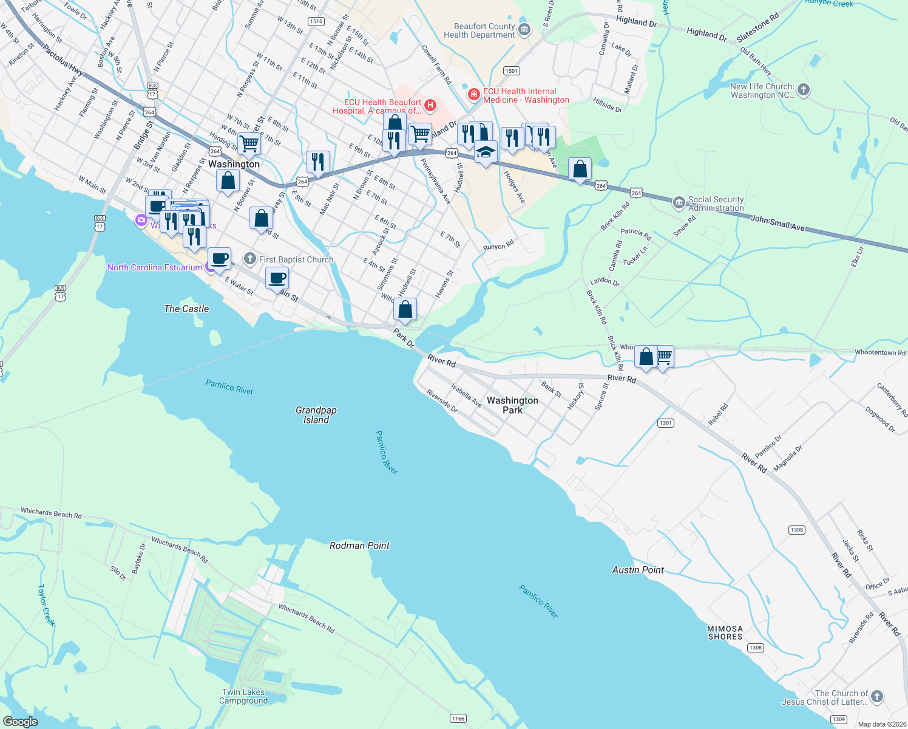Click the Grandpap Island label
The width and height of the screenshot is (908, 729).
coord(316,415)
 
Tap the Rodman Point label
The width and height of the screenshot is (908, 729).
coord(359,546)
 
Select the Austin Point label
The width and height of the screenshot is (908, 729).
coord(637,570)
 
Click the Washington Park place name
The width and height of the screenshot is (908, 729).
coord(512,405)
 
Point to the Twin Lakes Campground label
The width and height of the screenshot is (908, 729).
coord(243,696)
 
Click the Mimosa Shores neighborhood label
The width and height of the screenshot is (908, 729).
coord(725,633)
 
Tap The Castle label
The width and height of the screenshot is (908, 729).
coord(186,309)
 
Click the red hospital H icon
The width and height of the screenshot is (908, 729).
coord(430,106)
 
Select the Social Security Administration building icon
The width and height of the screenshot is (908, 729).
coord(679,203)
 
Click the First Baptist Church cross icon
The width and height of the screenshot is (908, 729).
coord(250,259)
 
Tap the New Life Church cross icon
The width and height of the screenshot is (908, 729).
coord(804,91)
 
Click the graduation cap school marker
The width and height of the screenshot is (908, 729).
coord(486,152)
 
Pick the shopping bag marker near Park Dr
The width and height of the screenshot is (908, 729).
coord(405,309)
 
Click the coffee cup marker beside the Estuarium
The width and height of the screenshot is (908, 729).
coord(219,259)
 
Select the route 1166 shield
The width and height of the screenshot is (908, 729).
coord(458,719)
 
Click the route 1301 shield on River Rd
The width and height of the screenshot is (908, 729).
coord(666,423)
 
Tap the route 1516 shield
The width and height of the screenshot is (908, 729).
coord(316,21)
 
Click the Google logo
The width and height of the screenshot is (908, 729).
coord(20,722)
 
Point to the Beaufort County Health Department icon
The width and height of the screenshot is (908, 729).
coord(525,30)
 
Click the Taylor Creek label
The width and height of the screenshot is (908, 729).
coord(46,605)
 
